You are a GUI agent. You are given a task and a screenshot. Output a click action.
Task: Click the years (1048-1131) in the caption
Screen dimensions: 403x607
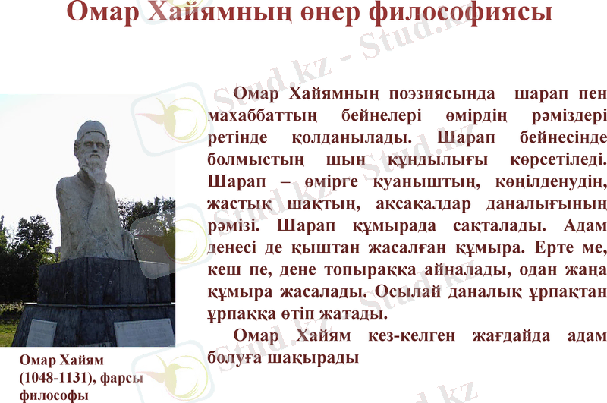coord(55,376)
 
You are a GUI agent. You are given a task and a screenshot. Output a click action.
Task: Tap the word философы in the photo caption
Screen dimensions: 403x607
coord(52,395)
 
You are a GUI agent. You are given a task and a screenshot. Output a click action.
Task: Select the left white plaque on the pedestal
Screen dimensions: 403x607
coord(42,331)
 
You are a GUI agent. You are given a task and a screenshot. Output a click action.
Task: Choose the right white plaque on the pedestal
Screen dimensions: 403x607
coord(144,332)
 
